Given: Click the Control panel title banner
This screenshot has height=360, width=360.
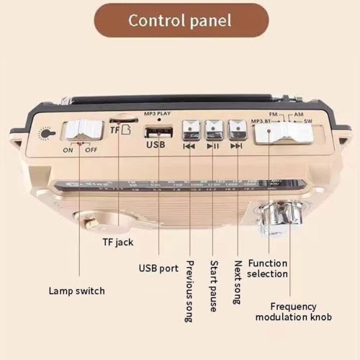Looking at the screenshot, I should pos(180,19).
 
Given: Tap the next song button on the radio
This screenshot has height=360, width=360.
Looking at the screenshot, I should pos(236,130).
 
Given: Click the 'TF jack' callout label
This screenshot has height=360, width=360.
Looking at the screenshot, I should pos(117,243).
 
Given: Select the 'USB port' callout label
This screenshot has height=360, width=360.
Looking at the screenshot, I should pos(158,269).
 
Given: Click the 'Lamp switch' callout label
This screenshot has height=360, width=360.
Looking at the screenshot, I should pos(76,291).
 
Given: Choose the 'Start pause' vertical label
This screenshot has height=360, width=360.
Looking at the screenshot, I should pos(214,286).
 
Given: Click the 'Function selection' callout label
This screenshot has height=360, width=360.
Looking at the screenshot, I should pos(268,269).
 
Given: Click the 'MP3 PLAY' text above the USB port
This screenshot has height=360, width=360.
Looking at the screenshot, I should pos(158,114).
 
